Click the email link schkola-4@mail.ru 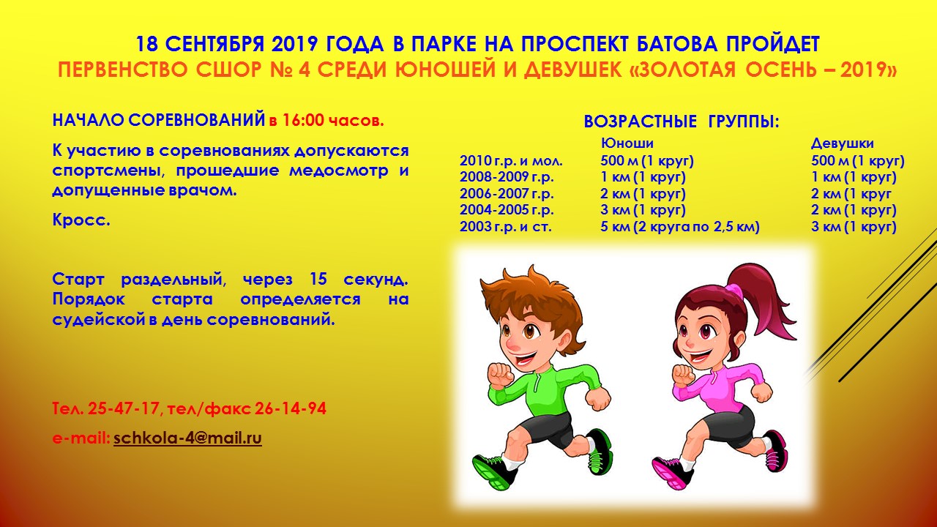tap(187, 438)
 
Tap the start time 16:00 tap(303, 121)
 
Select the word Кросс tap(81, 220)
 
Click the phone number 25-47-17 tap(124, 408)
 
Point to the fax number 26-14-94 tap(291, 408)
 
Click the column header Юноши tap(627, 143)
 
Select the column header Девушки tap(843, 143)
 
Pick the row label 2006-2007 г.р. tap(507, 194)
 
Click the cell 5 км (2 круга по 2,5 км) tap(680, 227)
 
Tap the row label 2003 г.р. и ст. tap(506, 227)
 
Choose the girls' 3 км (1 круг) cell tap(854, 227)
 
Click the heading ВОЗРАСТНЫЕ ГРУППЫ tap(682, 122)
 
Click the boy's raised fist tap(500, 375)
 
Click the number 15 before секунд tap(318, 279)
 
